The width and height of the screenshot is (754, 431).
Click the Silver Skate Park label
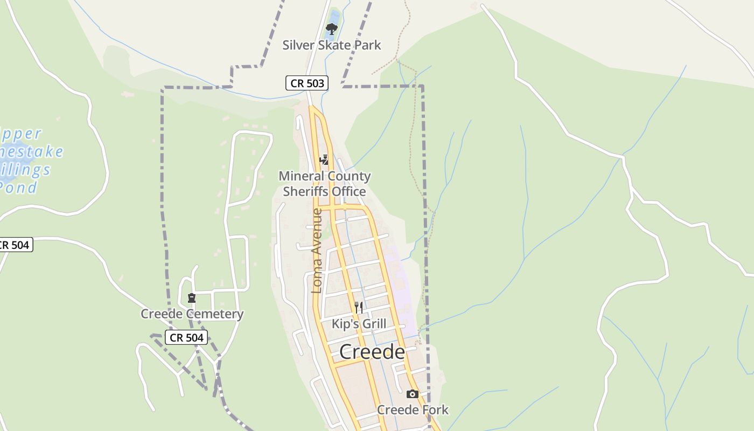click(332, 45)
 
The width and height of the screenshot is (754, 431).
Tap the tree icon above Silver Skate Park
click(332, 29)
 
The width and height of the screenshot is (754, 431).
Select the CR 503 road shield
click(307, 83)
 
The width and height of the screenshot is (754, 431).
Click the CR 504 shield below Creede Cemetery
click(186, 338)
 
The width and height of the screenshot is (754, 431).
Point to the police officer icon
click(324, 159)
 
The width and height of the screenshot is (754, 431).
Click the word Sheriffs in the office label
click(305, 192)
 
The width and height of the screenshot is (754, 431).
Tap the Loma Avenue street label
click(317, 251)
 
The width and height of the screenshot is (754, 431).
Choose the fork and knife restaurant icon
click(359, 308)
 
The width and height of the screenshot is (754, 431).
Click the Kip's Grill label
click(359, 324)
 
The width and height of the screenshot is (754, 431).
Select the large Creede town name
click(372, 352)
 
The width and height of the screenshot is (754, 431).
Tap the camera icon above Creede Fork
click(412, 394)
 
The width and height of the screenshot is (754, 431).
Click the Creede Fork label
click(413, 410)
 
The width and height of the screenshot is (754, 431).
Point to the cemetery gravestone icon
click(191, 298)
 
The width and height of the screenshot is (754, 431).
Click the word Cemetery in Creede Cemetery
click(217, 314)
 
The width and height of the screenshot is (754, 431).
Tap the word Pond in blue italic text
click(19, 188)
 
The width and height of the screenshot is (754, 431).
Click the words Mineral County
click(325, 176)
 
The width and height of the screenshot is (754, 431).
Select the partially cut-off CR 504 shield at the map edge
click(15, 245)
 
